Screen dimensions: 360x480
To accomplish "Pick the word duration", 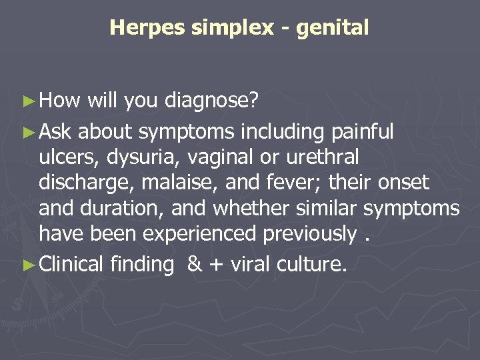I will click(123, 208).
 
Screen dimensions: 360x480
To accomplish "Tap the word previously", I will click(313, 233).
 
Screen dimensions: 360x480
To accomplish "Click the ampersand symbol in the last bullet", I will click(194, 265).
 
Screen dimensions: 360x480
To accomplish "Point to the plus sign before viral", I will click(216, 265).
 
